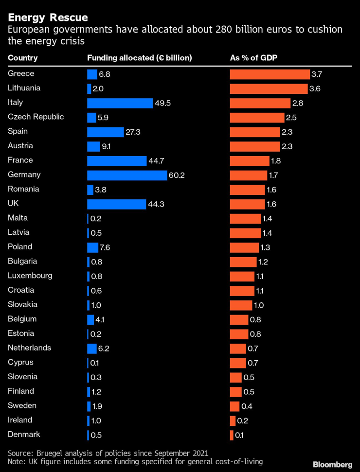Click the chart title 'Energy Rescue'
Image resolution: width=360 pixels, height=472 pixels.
click(x=48, y=17)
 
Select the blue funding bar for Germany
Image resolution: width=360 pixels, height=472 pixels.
click(x=127, y=175)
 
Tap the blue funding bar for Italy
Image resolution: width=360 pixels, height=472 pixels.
click(x=120, y=103)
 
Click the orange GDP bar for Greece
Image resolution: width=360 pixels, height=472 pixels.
click(x=270, y=74)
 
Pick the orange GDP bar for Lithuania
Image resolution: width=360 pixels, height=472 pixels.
click(x=269, y=89)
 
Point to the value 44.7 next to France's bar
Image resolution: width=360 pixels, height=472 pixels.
click(x=156, y=161)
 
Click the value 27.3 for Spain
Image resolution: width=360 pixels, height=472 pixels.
click(x=134, y=132)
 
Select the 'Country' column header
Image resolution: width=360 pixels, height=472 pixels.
click(x=22, y=58)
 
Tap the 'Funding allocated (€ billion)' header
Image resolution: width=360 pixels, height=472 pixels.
click(x=139, y=58)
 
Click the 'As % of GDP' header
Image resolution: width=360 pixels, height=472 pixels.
click(x=257, y=58)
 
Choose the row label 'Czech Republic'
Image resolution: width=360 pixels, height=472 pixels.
click(x=36, y=117)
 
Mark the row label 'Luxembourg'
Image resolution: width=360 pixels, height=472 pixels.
click(x=30, y=276)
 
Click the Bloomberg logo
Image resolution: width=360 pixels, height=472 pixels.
click(x=333, y=465)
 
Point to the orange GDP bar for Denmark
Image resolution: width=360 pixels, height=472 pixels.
click(x=232, y=435)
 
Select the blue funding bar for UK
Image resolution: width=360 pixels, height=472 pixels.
click(x=116, y=204)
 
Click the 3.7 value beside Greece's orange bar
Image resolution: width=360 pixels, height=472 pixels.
click(x=317, y=74)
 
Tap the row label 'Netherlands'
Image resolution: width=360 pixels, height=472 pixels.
click(x=29, y=348)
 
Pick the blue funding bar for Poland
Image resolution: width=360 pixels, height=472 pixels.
click(x=92, y=247)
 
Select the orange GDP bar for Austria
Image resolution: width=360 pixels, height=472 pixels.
click(x=254, y=146)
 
